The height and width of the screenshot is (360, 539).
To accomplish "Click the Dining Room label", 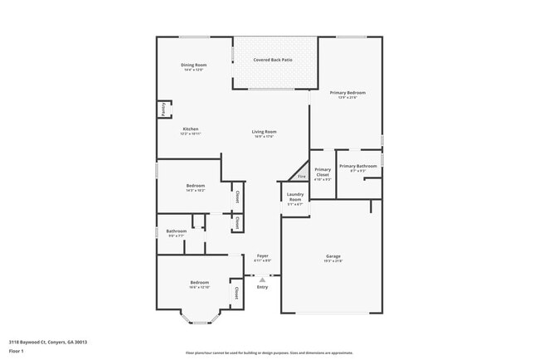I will [194, 65].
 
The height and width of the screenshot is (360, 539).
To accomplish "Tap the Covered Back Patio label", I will [273, 61].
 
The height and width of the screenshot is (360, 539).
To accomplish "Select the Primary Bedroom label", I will [347, 93].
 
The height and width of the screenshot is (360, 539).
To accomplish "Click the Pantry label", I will [163, 109].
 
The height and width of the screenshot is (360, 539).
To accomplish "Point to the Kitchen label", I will [191, 129].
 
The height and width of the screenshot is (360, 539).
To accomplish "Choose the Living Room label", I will [265, 132].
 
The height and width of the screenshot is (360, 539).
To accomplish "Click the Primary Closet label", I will [323, 173].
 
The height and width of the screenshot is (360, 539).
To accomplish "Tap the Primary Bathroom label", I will [358, 166].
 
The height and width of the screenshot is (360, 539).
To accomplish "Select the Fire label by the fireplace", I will [302, 176].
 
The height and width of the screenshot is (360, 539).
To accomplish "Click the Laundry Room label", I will [294, 197].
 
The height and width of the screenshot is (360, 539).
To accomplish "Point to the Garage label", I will [333, 256].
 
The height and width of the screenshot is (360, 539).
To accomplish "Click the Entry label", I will [262, 287].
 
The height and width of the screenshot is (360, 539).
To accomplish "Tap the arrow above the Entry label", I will [262, 280].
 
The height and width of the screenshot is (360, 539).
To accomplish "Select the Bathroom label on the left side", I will [176, 231].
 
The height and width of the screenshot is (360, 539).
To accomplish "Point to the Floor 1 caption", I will [17, 351].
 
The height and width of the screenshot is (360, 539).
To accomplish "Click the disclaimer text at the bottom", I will [274, 353].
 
